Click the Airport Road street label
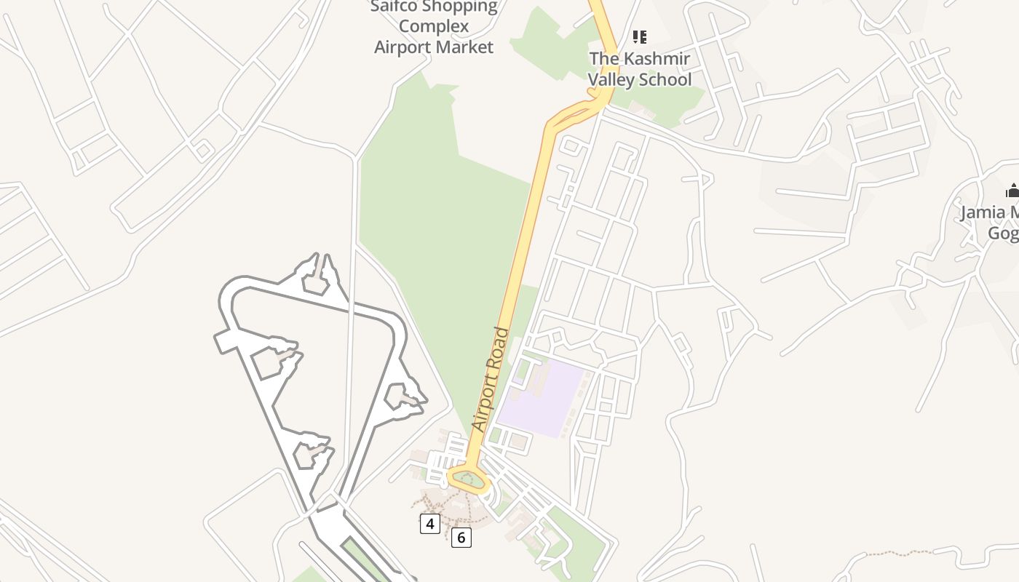pos(490,379)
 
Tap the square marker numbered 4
pos(430,523)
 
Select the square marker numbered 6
pos(461,538)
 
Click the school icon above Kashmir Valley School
pos(640,36)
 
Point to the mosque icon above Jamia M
pos(1012,191)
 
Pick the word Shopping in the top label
pos(464,7)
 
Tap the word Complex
pos(434,27)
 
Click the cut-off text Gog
pos(1003,233)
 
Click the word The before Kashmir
pos(604,58)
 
